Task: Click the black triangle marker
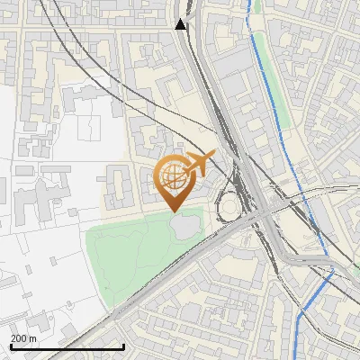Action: [x=182, y=24]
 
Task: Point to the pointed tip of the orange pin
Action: [x=174, y=211]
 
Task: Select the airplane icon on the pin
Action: [x=199, y=164]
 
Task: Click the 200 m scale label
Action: [x=23, y=338]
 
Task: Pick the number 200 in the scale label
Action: [x=19, y=338]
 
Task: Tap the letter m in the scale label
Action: [x=32, y=338]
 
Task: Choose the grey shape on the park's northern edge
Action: [x=186, y=228]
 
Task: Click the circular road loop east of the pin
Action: [x=229, y=206]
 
